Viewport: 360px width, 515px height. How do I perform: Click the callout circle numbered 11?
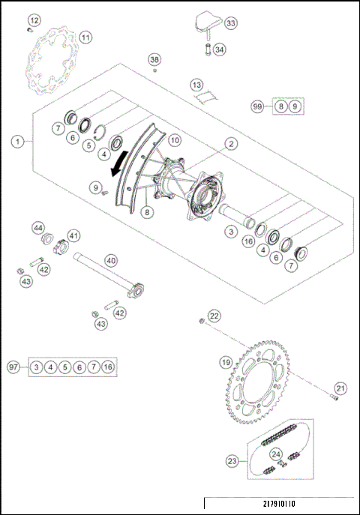[85, 37]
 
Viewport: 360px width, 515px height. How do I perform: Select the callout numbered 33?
[230, 24]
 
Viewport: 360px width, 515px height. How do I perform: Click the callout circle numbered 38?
[154, 59]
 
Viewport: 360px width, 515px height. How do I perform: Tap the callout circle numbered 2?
[232, 143]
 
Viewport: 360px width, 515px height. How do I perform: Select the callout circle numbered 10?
[174, 140]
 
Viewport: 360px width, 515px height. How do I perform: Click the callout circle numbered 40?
[110, 260]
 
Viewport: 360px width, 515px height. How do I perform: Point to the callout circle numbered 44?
[37, 226]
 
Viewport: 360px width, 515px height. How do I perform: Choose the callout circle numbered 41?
[73, 235]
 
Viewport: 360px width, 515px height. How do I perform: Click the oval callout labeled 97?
[13, 367]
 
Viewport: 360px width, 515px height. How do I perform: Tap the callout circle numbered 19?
[224, 363]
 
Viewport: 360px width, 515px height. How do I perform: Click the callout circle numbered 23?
[232, 462]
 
